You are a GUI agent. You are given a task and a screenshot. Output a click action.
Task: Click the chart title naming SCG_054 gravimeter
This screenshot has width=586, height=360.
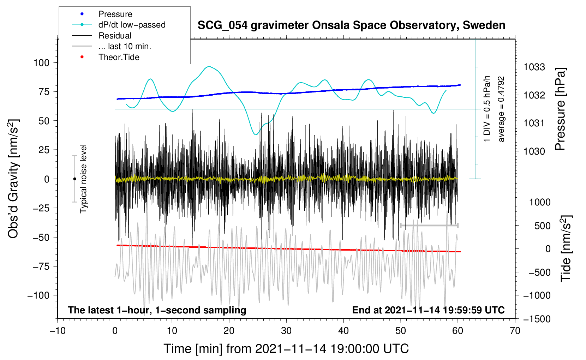coord(351,25)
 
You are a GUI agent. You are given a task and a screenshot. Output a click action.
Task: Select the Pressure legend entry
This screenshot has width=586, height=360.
coord(115,14)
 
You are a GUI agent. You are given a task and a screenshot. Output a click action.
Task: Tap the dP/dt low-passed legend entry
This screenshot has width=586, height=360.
coord(132,25)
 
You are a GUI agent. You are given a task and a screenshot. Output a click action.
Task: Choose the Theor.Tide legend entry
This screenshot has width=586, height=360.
coord(119,57)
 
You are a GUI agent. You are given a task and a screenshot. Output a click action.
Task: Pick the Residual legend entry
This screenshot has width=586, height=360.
coord(115,36)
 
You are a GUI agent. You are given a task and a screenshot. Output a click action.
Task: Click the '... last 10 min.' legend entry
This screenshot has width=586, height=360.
coord(125,46)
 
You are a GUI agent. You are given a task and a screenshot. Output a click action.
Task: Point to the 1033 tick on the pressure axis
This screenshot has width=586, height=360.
coord(534,67)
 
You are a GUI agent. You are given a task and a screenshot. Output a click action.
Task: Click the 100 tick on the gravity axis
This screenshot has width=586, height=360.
coord(41,63)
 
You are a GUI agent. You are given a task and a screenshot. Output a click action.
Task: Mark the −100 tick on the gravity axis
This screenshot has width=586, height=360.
coord(39,295)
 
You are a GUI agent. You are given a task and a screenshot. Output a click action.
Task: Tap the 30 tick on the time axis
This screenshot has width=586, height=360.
coord(286,331)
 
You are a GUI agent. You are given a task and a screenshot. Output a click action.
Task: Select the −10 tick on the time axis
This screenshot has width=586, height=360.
coord(58,331)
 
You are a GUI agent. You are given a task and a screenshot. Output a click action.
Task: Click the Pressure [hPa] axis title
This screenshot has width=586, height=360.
coord(560,109)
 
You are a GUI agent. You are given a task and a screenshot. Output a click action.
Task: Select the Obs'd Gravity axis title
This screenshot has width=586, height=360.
coord(13,179)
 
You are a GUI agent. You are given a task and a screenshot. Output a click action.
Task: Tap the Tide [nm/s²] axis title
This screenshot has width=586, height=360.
coord(566,248)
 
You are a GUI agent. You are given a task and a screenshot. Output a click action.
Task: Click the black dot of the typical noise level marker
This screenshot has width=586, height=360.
coord(74,179)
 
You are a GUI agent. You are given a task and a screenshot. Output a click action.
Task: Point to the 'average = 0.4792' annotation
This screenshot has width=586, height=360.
coord(501,109)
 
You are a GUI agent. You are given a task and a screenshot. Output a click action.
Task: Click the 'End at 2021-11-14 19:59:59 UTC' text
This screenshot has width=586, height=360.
coord(428,310)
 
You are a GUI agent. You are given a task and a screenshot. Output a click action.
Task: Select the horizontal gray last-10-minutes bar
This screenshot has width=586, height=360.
coord(429,225)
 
